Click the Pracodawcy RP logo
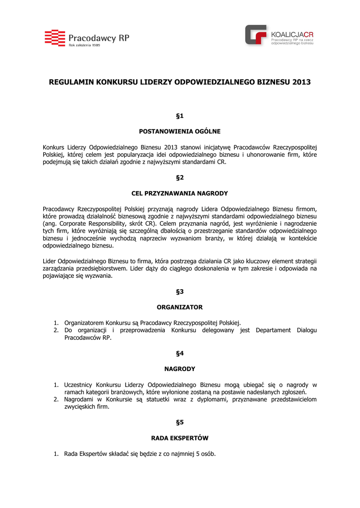(x=87, y=38)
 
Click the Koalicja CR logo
(x=280, y=36)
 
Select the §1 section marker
(x=180, y=116)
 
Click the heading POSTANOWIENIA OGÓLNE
(x=180, y=131)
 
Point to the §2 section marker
(x=180, y=177)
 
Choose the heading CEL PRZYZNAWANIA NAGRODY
(x=180, y=193)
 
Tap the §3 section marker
(x=180, y=291)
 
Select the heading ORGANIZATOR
(x=180, y=307)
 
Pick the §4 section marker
(x=180, y=353)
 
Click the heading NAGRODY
(x=180, y=369)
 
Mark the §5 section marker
(x=180, y=422)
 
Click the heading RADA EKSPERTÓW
(x=180, y=438)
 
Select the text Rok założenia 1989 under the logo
(x=84, y=45)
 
